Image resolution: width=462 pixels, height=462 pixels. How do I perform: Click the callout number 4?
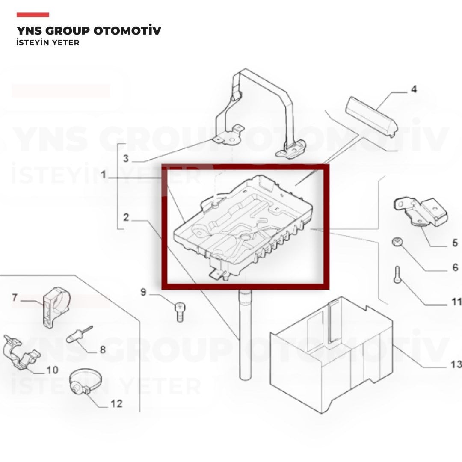tap(414, 89)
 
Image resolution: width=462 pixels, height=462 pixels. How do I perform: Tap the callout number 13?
tap(456, 364)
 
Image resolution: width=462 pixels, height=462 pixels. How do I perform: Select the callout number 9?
tap(143, 292)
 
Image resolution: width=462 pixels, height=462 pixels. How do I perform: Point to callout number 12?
tap(116, 403)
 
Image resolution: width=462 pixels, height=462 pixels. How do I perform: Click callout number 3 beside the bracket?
tap(126, 158)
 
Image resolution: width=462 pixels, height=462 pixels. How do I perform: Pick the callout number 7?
tap(15, 297)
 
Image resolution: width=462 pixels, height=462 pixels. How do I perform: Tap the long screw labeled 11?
tap(397, 274)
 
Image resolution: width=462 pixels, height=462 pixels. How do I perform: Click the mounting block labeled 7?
tap(56, 307)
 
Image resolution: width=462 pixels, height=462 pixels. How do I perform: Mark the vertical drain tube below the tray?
tap(245, 334)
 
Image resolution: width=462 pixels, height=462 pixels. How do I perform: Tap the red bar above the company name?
tap(33, 15)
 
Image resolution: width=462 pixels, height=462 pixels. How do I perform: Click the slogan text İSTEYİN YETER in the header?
tap(48, 43)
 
